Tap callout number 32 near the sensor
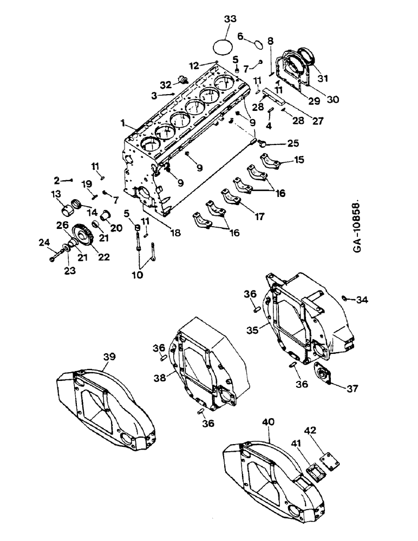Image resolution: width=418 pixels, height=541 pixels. pos(165,84)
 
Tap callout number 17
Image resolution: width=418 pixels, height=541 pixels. pos(259,216)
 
